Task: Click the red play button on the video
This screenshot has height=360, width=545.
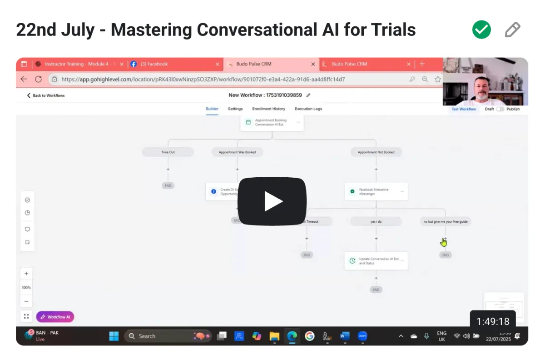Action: point(272,201)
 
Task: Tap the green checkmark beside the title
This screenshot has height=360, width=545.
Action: point(481,30)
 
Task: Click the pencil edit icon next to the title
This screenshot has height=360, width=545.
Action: point(512,30)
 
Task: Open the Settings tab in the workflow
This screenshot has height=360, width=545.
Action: point(235,109)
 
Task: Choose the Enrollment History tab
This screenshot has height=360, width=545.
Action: point(268,109)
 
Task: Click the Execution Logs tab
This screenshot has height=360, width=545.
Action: point(308,109)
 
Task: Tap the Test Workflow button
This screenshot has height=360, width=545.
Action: point(464,109)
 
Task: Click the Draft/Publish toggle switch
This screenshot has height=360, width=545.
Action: point(500,109)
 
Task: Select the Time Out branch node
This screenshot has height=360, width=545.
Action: point(168,152)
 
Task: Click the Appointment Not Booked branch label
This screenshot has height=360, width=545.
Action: point(376,152)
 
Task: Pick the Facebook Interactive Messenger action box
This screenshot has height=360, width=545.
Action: point(376,192)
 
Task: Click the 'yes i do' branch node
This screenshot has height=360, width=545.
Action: point(376,221)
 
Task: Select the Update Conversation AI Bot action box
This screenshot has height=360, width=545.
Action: point(376,261)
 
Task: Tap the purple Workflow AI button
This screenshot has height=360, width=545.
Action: point(55,317)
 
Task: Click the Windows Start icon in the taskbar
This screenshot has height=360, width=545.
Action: point(114,336)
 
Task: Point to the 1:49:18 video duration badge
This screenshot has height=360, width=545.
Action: point(493,322)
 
